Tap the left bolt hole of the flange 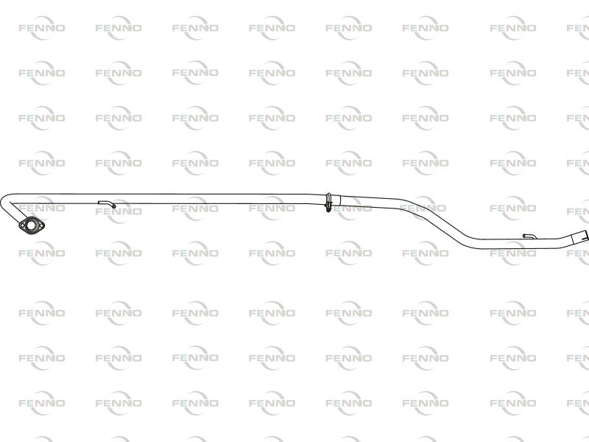coord(21,226)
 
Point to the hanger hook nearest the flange coord(107,203)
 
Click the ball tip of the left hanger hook coord(114,206)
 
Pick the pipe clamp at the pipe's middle coord(328,200)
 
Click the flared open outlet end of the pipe coord(579,237)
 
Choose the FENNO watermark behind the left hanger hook coord(118,210)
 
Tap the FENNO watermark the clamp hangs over coord(348,208)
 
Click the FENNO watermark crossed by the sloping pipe coord(425,208)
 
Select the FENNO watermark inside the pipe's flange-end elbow coord(41,208)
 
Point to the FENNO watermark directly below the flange coord(41,253)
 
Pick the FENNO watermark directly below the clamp coord(348,253)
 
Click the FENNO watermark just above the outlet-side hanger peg coord(513,208)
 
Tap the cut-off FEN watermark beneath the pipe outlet coord(578,253)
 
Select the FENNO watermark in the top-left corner coord(41,28)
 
